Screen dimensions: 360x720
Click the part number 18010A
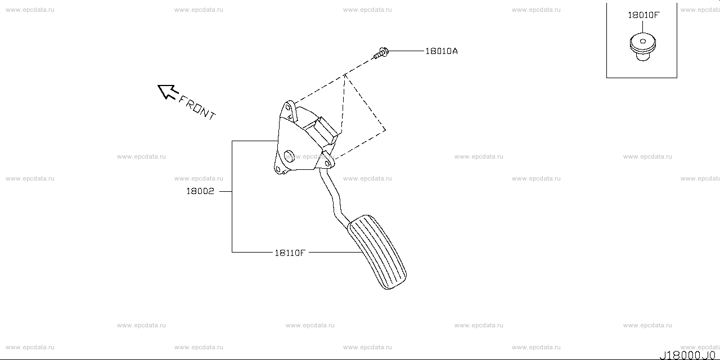[441, 51]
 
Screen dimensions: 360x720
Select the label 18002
[200, 191]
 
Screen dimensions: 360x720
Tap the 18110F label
[290, 253]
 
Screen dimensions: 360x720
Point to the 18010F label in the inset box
[643, 15]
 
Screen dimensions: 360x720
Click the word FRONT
[197, 107]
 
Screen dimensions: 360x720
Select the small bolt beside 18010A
[381, 53]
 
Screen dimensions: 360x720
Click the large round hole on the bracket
[289, 156]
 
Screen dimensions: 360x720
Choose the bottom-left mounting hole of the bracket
[277, 170]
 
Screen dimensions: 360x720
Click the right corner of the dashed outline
[385, 130]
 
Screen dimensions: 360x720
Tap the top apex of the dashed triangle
[345, 74]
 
